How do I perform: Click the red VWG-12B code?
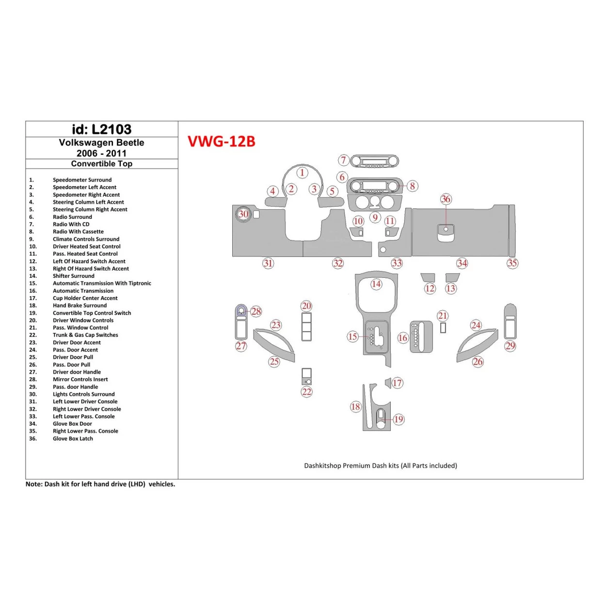[221, 142]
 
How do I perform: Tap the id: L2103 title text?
[101, 129]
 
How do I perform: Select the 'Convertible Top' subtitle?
[101, 164]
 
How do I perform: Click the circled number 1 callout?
[303, 173]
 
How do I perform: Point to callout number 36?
[446, 199]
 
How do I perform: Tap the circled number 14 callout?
[376, 284]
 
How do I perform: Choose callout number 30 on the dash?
[243, 214]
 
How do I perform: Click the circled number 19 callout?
[399, 419]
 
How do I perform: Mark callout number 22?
[307, 392]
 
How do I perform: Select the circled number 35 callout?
[512, 263]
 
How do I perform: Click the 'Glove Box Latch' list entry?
[73, 439]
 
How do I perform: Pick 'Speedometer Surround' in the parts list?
[82, 180]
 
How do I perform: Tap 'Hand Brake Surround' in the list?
[80, 305]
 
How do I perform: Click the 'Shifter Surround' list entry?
[74, 276]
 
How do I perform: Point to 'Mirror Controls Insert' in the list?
[80, 380]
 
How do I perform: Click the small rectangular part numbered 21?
[443, 328]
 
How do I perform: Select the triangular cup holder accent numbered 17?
[388, 383]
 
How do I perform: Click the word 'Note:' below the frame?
[34, 484]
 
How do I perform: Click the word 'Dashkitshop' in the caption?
[322, 466]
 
